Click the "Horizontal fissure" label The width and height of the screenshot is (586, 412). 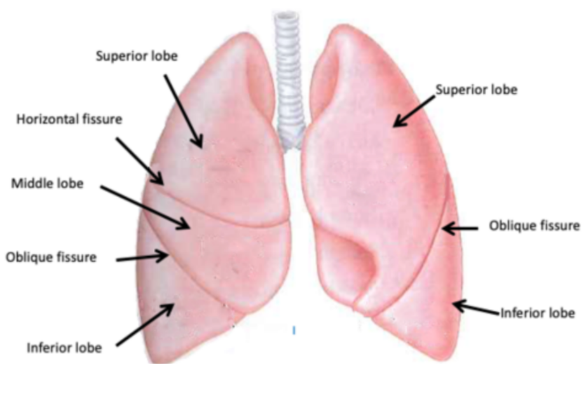[x=69, y=119]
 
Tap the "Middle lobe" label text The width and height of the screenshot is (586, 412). [x=47, y=184]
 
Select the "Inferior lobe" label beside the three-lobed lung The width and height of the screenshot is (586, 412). [x=64, y=348]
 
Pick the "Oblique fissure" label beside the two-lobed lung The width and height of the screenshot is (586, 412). [x=534, y=226]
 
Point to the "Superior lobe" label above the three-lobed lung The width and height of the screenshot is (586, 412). [x=137, y=56]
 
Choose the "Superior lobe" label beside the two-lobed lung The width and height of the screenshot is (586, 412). [x=476, y=90]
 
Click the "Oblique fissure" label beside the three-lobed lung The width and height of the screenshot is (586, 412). [x=51, y=257]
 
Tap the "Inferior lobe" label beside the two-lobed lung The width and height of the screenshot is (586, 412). [x=538, y=313]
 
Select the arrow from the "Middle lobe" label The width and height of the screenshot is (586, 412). [x=146, y=207]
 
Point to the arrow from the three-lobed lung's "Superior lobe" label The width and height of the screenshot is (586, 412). [x=184, y=111]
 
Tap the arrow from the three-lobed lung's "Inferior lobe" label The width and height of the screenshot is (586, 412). [x=146, y=324]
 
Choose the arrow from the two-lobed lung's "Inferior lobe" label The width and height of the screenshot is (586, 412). [x=477, y=308]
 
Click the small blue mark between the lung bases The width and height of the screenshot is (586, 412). [x=294, y=330]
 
